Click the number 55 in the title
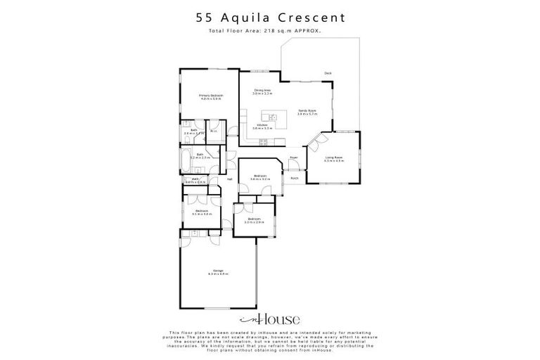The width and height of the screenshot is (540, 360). coord(202,16)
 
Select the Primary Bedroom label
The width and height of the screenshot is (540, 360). coord(210,95)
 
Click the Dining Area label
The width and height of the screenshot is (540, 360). coord(263,90)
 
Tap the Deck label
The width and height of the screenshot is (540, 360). coord(328,74)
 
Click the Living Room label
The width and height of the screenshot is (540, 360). coord(333,157)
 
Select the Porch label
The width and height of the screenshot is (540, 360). coord(294,178)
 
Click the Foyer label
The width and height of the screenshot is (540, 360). coord(294,157)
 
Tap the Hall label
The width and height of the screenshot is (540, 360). coord(229,179)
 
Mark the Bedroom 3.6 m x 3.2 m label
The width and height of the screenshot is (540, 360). coord(259,176)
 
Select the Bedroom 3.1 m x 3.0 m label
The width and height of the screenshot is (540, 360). coord(202,211)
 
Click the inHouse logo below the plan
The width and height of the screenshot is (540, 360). coord(269,316)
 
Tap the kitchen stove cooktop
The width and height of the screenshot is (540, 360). coord(263,142)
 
